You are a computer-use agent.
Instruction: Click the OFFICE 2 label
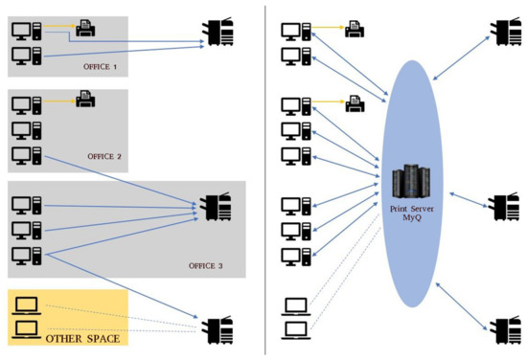pos(104,156)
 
